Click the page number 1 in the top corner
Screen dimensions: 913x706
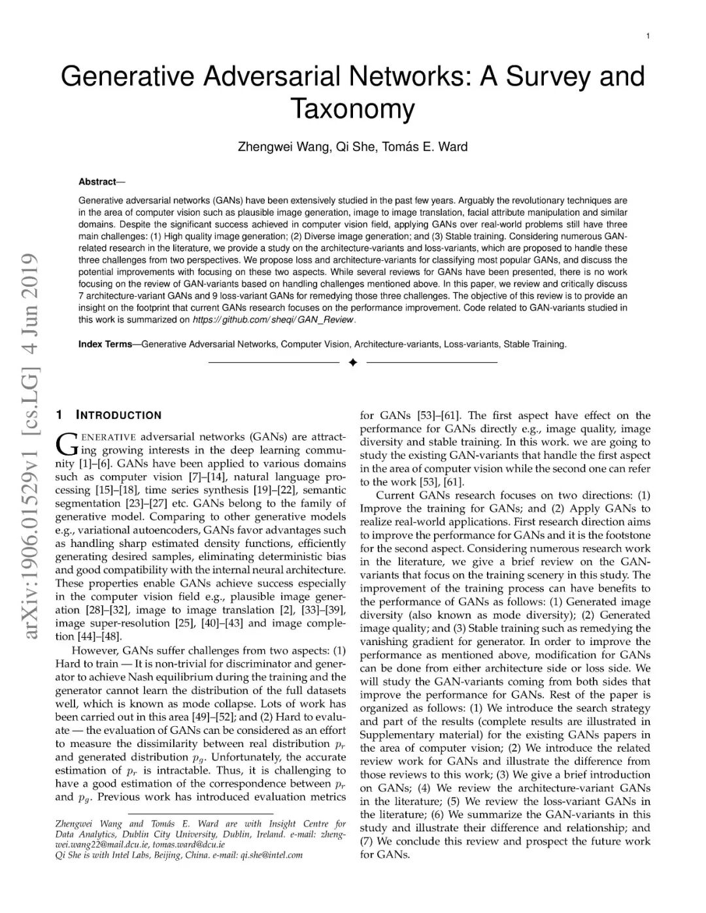coord(647,36)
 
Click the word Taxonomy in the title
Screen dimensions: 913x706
coord(352,108)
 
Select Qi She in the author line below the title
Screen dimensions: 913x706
coord(354,147)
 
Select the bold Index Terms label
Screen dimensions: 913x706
coord(105,344)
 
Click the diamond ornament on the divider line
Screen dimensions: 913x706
coord(353,362)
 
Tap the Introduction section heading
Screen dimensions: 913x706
coord(118,415)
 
